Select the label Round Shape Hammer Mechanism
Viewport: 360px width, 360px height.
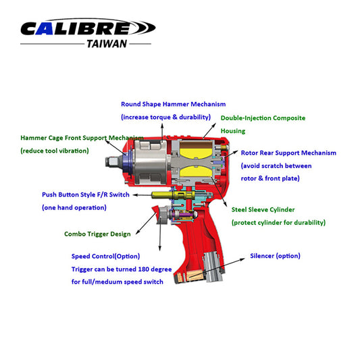(173, 105)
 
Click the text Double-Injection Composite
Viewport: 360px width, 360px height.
(263, 118)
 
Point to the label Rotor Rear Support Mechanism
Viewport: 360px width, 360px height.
(288, 153)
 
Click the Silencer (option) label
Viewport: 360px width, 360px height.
(275, 256)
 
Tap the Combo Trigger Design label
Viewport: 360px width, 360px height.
(98, 234)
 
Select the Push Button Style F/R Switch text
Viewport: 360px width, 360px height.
(85, 195)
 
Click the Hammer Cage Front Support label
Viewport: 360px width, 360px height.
(81, 138)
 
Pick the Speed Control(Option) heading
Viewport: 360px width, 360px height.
(109, 257)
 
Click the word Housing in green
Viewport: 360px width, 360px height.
(233, 131)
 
